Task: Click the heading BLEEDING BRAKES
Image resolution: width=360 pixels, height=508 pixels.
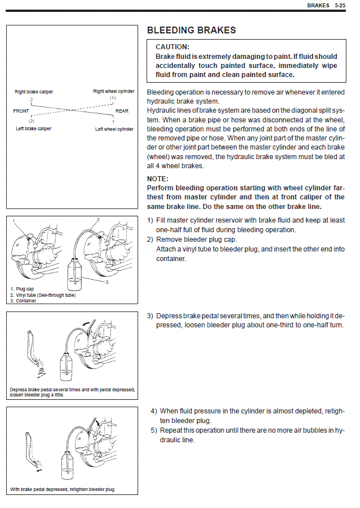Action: tap(191, 31)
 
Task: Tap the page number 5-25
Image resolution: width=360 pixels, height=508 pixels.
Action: tap(340, 5)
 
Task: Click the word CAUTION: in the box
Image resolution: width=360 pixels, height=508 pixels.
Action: tap(173, 47)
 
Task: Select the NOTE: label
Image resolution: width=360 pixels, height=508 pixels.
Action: tap(158, 179)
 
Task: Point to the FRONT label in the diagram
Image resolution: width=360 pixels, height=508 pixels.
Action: tap(21, 111)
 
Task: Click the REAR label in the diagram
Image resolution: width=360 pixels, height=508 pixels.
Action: tap(122, 111)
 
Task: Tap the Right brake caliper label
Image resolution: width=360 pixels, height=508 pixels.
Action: tap(34, 92)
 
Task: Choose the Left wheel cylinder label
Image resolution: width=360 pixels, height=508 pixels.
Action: tap(114, 129)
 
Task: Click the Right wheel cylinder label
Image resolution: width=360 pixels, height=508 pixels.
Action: tap(114, 91)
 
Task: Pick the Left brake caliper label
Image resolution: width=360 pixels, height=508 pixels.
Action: tap(33, 129)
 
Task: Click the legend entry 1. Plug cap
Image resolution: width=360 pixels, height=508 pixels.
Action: tap(22, 289)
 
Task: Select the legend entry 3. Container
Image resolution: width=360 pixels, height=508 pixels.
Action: tap(23, 301)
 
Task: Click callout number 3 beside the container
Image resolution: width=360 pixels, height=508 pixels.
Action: tap(106, 282)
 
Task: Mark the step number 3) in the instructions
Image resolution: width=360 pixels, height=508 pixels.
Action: tap(150, 315)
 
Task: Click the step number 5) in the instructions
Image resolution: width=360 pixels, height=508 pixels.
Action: tap(154, 430)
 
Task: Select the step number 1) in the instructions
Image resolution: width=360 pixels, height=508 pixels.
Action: tap(150, 220)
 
